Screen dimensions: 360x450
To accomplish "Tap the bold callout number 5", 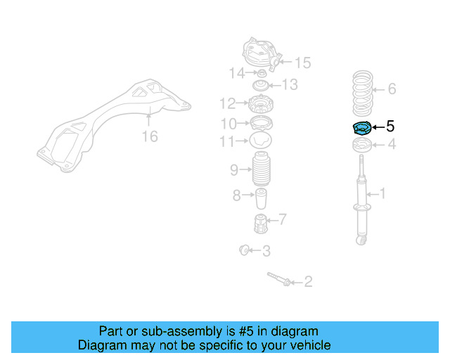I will point(390,127).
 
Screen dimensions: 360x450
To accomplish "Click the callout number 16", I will point(150,136).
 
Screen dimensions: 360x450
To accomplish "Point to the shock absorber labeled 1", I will point(363,204).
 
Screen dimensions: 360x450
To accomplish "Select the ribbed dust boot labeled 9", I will point(261,169).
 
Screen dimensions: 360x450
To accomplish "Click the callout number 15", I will point(302,63).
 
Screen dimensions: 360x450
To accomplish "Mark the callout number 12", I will point(226,104).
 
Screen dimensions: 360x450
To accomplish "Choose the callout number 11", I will point(226,142).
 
